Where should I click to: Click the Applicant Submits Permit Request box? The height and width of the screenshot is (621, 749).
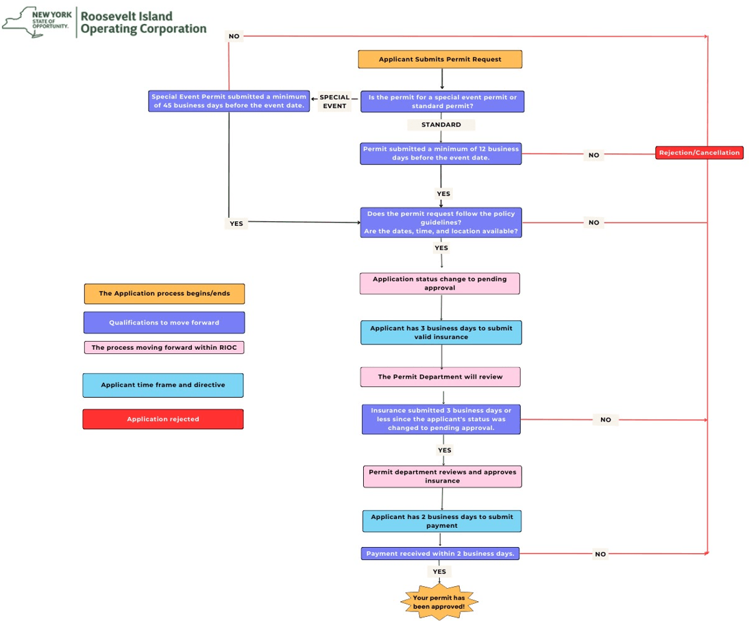pyautogui.click(x=440, y=60)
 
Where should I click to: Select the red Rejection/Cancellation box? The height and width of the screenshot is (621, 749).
pyautogui.click(x=699, y=153)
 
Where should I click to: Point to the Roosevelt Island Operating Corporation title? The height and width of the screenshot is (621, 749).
pyautogui.click(x=143, y=23)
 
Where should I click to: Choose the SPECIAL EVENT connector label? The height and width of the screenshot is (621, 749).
pyautogui.click(x=334, y=101)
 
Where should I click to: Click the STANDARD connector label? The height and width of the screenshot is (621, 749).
pyautogui.click(x=441, y=125)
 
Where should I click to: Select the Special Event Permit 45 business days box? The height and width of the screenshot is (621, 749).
pyautogui.click(x=229, y=101)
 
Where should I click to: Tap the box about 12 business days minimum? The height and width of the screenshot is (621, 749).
pyautogui.click(x=441, y=153)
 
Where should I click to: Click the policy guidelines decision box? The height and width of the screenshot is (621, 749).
pyautogui.click(x=441, y=223)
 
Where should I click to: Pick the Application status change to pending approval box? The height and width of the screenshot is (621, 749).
pyautogui.click(x=439, y=283)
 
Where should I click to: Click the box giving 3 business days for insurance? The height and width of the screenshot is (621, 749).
pyautogui.click(x=441, y=332)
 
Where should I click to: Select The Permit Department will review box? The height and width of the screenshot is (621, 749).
pyautogui.click(x=441, y=377)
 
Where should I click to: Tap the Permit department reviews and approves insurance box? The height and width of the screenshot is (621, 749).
pyautogui.click(x=442, y=477)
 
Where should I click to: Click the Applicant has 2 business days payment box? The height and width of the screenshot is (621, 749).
pyautogui.click(x=442, y=521)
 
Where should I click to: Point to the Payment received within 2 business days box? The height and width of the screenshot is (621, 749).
pyautogui.click(x=440, y=553)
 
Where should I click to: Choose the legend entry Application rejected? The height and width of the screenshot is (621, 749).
pyautogui.click(x=163, y=419)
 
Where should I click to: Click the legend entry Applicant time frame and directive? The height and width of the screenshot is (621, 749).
pyautogui.click(x=163, y=385)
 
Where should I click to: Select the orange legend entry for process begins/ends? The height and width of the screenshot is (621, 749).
pyautogui.click(x=164, y=294)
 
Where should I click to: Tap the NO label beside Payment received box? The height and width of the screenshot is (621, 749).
pyautogui.click(x=600, y=554)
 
